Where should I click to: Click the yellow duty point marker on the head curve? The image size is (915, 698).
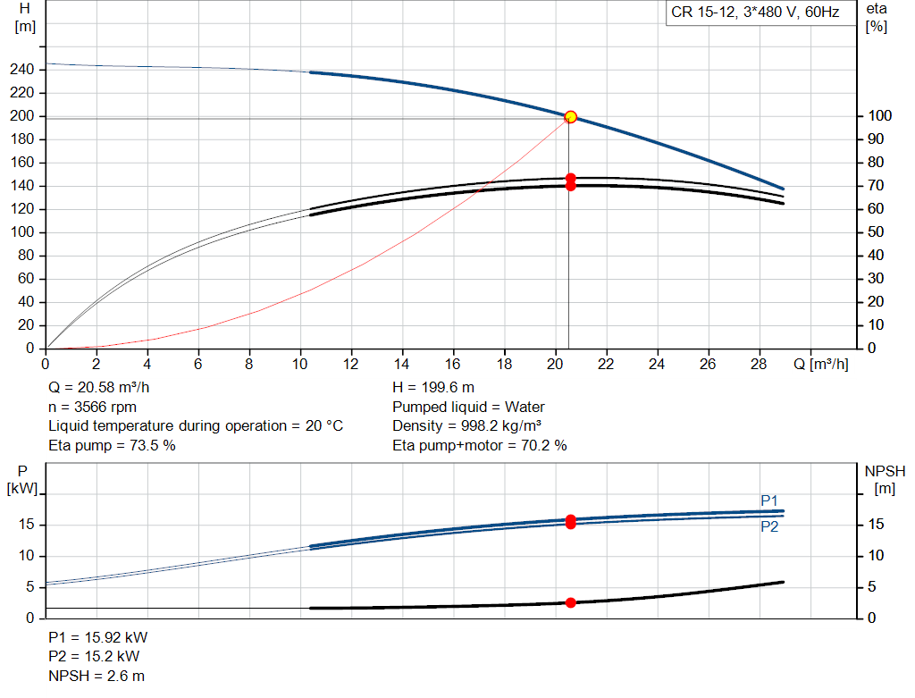click(571, 117)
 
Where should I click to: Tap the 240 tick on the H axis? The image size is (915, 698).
click(22, 70)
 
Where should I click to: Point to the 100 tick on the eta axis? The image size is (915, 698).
click(879, 115)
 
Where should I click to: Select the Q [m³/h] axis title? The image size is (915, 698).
click(820, 364)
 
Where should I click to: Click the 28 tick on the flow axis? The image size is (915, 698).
click(759, 364)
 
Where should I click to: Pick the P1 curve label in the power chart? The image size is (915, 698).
click(769, 500)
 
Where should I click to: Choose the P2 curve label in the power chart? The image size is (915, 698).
click(769, 526)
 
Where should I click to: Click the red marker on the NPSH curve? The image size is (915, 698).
click(571, 602)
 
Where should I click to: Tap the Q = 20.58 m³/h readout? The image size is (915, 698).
click(98, 388)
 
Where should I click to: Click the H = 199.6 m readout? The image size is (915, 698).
click(433, 388)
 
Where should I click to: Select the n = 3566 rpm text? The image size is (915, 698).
click(92, 407)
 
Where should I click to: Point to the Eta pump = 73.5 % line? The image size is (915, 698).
click(112, 445)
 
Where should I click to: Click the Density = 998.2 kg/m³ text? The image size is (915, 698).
click(466, 426)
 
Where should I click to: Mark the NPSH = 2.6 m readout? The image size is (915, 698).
click(97, 676)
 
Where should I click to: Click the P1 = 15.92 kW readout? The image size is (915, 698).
click(98, 637)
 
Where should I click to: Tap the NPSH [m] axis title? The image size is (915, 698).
click(885, 480)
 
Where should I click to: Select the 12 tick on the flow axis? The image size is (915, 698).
click(350, 364)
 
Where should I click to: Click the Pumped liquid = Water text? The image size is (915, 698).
click(468, 407)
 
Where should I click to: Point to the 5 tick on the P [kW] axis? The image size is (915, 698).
click(29, 586)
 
